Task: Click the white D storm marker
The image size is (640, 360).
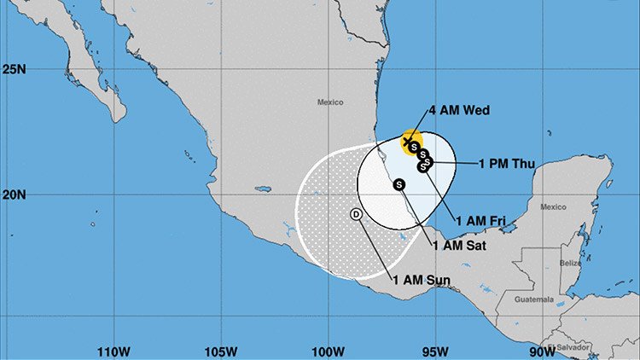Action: [x=356, y=214]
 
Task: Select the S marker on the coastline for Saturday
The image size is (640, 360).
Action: [x=399, y=184]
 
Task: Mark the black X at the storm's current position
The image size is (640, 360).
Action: [x=406, y=142]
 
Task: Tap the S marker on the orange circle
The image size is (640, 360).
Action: [x=414, y=147]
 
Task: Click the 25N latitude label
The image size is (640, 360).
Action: [x=13, y=70]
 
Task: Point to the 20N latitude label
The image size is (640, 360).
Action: [x=13, y=195]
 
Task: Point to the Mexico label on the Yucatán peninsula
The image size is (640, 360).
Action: [x=553, y=206]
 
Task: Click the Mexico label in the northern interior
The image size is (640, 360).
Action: [x=330, y=102]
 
